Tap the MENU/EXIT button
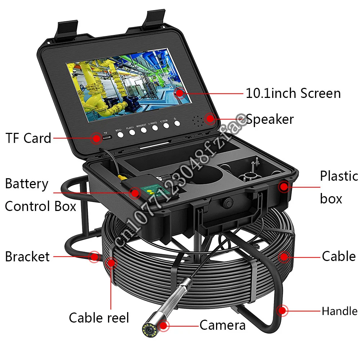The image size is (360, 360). [143, 130]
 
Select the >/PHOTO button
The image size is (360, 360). [155, 127]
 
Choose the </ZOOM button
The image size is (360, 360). [166, 125]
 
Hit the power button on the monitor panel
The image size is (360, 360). [177, 123]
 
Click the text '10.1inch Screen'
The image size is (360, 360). [293, 94]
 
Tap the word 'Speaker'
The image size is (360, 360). [270, 119]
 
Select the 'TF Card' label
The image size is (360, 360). [28, 138]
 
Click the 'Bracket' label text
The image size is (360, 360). [27, 257]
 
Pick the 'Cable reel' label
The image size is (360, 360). [99, 318]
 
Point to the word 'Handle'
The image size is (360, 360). [339, 311]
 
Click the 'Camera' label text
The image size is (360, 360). [222, 325]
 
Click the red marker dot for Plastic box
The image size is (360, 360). [284, 186]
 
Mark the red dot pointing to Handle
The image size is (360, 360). [282, 310]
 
